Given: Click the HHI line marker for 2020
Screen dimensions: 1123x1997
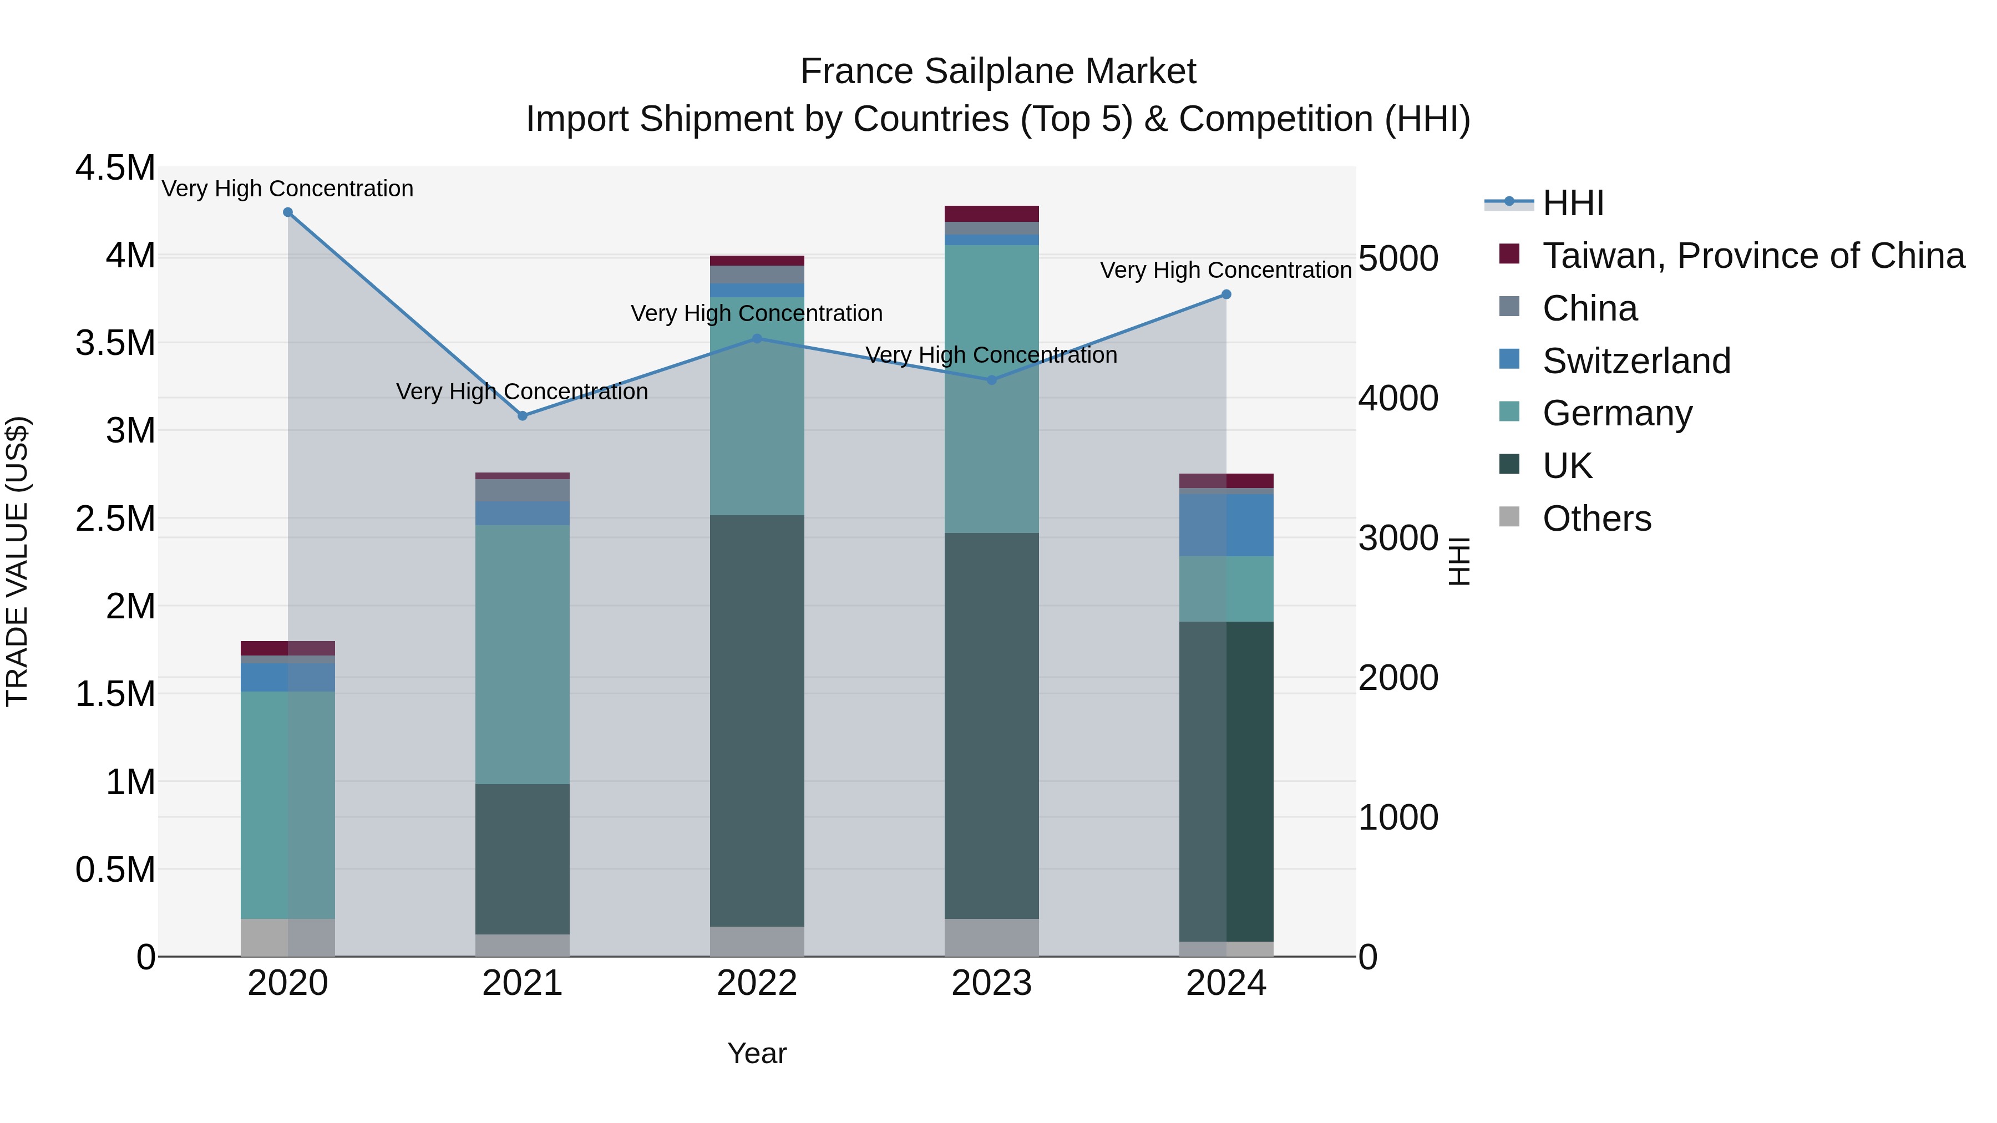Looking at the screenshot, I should pyautogui.click(x=287, y=212).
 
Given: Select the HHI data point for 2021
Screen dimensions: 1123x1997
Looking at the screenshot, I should pyautogui.click(x=523, y=416).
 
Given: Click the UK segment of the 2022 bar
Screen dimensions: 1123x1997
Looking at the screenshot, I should pyautogui.click(x=757, y=721).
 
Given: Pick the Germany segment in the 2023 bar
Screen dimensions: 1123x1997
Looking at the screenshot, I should pyautogui.click(x=991, y=388).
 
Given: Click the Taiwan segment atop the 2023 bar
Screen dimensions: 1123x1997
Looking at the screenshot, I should pyautogui.click(x=991, y=214).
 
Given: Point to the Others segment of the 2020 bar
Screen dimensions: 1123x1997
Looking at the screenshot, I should pyautogui.click(x=287, y=938).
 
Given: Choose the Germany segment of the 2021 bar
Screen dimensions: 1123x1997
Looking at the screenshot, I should pyautogui.click(x=523, y=655).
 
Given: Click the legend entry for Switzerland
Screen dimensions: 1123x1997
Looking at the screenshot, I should pyautogui.click(x=1636, y=361).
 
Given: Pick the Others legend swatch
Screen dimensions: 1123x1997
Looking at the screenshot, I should pyautogui.click(x=1509, y=517).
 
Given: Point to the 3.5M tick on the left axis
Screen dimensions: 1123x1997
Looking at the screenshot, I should pyautogui.click(x=115, y=343).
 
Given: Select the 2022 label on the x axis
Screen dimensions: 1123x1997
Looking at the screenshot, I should pyautogui.click(x=757, y=983).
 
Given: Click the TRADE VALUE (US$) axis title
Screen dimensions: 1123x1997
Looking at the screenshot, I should pyautogui.click(x=17, y=561).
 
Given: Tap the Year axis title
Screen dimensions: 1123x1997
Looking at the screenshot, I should pyautogui.click(x=757, y=1053).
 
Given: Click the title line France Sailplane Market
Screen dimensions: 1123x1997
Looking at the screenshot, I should pyautogui.click(x=998, y=72).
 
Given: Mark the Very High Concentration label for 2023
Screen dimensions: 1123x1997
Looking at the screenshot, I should pyautogui.click(x=991, y=355).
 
